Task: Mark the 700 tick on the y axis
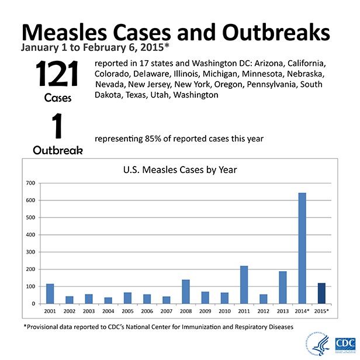point(30,183)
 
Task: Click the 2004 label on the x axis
point(108,311)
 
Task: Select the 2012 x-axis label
point(263,311)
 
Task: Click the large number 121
point(57,75)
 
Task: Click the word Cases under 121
point(57,98)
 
